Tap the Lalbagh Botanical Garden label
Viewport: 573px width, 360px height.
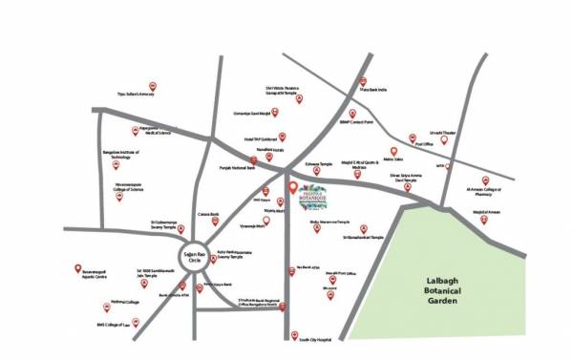[x=442, y=290]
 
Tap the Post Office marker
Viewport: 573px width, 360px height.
[x=413, y=138]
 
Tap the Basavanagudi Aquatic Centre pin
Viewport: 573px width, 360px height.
[x=76, y=271]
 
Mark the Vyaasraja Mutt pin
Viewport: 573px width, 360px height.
[x=276, y=215]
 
